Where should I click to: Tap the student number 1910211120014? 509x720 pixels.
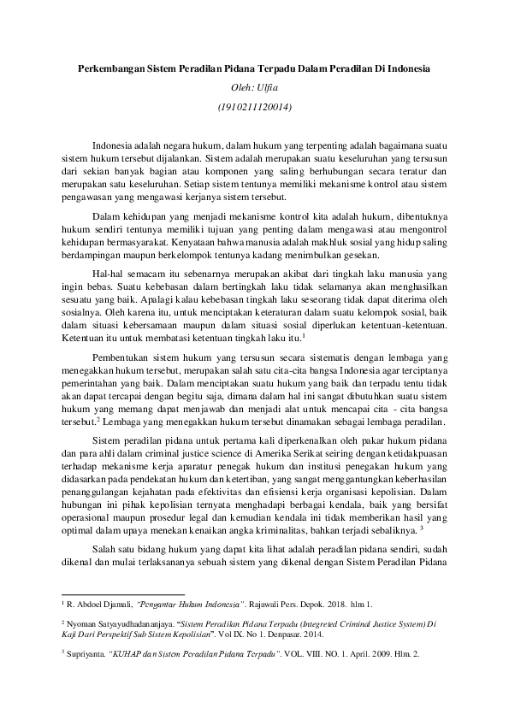coord(255,108)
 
